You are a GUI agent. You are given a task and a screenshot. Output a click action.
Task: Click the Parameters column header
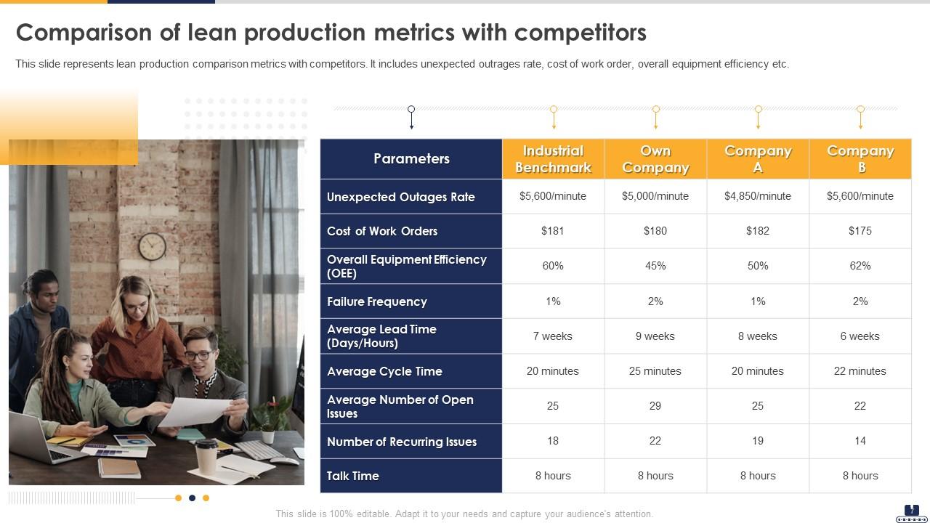pos(411,158)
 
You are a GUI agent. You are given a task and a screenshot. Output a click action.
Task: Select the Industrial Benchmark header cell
pos(553,159)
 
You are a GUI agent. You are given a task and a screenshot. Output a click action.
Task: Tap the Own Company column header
pos(655,159)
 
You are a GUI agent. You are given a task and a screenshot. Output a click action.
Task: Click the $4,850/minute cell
pos(758,196)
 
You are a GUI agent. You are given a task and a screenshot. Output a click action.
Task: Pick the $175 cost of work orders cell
pos(860,231)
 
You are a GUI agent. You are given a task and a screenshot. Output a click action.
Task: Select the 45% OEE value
pos(655,266)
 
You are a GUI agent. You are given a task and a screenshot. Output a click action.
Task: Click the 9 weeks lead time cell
pos(655,336)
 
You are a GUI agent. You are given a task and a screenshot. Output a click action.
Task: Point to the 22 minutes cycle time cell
pos(860,371)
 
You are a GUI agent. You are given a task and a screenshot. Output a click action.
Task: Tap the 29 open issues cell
pos(655,406)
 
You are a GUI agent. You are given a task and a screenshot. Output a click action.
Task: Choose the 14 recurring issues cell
pos(860,441)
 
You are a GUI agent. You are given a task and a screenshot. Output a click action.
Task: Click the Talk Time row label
pos(353,476)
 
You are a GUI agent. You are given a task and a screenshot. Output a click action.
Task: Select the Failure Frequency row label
pos(377,301)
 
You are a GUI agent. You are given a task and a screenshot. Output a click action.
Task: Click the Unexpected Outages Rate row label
pos(401,197)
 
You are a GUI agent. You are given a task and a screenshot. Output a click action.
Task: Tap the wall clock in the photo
pos(152,246)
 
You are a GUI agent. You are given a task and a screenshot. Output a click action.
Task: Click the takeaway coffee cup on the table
pos(206,455)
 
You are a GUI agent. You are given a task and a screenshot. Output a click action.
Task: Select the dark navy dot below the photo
pos(192,498)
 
